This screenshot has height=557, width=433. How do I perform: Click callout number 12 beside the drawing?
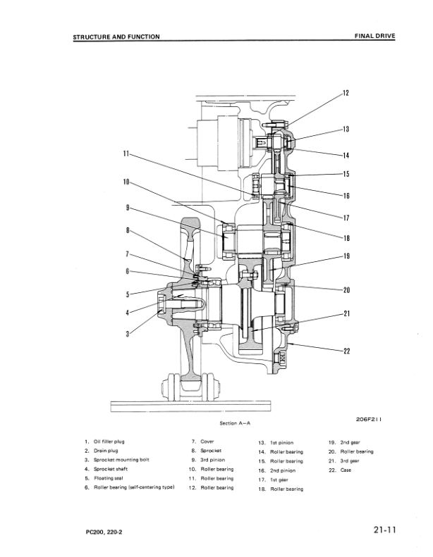pos(346,92)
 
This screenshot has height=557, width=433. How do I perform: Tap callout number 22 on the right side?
pos(346,351)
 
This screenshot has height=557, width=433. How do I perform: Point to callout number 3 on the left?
pos(128,333)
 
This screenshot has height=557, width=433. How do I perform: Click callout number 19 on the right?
pos(346,256)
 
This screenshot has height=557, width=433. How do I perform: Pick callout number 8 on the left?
pos(128,230)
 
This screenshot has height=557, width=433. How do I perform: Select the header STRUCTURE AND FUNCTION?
pos(117,37)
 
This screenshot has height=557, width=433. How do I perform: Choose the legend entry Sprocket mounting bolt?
pos(118,460)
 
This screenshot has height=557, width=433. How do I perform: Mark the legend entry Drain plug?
pos(104,451)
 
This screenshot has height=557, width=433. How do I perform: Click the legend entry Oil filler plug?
pos(109,442)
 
